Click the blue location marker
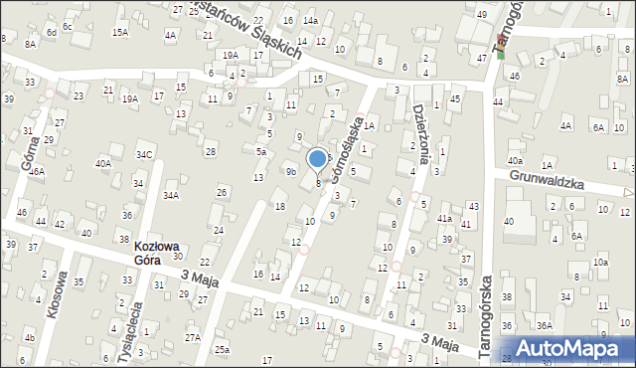click(318, 158)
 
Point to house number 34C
click(145, 154)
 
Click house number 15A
click(120, 33)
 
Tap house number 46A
click(37, 172)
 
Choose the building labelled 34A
click(171, 195)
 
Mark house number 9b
click(291, 172)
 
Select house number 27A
click(193, 337)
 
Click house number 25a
click(223, 349)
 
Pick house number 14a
click(310, 21)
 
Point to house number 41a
click(444, 219)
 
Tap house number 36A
click(545, 325)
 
